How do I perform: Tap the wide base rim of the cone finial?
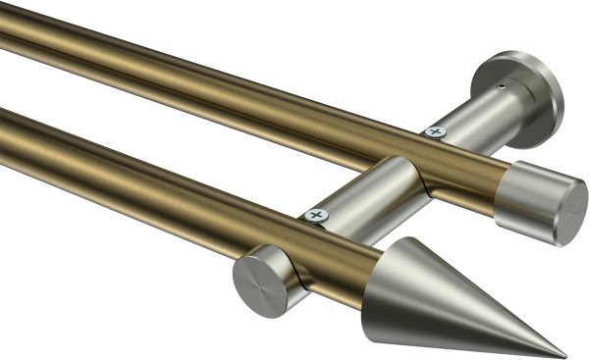pos(391,280)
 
